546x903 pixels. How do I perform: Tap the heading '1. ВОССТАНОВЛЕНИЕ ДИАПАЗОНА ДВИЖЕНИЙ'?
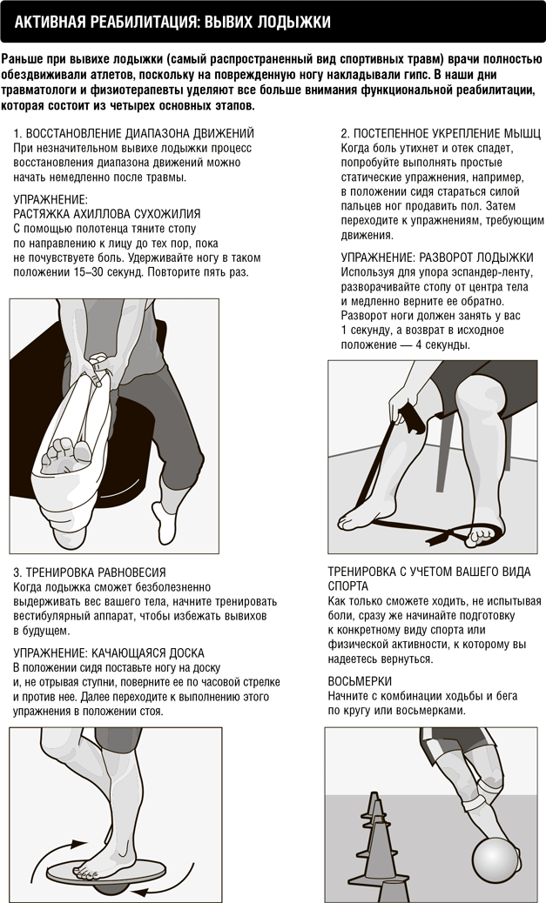(134, 134)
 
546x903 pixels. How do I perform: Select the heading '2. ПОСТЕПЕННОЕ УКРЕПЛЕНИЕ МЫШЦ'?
(441, 134)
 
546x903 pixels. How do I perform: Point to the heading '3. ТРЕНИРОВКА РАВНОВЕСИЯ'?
(90, 572)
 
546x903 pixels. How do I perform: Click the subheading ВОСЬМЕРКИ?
(360, 681)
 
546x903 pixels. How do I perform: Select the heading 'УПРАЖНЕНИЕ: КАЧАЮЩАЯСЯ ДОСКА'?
(108, 653)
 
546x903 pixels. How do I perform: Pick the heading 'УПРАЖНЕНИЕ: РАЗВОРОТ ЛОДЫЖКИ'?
(437, 258)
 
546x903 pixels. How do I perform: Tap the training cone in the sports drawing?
(376, 841)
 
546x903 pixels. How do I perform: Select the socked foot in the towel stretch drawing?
(165, 520)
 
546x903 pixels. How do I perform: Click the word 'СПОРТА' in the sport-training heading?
(347, 586)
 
